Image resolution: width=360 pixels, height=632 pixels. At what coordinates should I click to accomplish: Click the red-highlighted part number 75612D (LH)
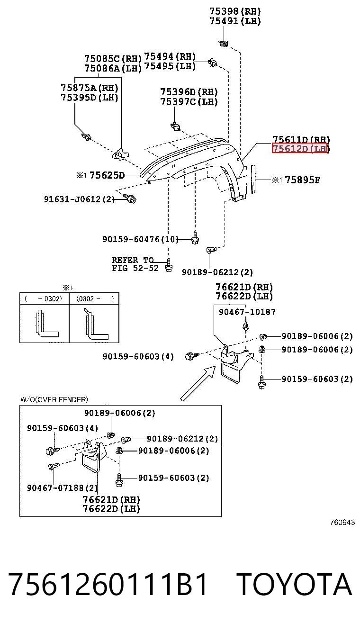tap(300, 148)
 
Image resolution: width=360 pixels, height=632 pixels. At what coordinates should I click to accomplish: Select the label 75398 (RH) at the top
tap(235, 11)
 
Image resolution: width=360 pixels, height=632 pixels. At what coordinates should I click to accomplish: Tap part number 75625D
tap(107, 175)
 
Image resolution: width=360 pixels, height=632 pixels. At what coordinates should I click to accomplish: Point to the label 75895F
tap(303, 180)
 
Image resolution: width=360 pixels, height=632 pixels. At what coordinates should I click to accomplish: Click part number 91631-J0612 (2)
tap(79, 199)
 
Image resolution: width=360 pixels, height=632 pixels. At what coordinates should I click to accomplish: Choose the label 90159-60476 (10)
tap(141, 239)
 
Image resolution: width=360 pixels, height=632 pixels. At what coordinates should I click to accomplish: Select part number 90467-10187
tap(247, 312)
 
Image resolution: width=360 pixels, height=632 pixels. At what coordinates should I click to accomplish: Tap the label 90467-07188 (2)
tap(63, 488)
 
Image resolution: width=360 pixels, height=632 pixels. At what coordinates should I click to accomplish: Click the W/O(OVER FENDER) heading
tap(54, 399)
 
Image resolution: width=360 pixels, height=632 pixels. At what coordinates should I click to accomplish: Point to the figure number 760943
tap(342, 522)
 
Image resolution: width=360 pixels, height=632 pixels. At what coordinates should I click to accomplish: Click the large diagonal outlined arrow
tap(198, 383)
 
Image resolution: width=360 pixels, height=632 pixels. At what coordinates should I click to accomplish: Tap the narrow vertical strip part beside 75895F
tap(253, 179)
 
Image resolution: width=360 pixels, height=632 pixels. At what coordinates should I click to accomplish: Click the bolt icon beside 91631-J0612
tap(130, 198)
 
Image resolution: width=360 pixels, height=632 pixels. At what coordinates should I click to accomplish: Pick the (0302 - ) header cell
tap(94, 298)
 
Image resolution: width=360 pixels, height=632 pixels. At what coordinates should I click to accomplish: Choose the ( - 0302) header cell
tap(45, 298)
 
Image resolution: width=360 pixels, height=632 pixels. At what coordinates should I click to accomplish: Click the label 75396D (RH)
tap(189, 92)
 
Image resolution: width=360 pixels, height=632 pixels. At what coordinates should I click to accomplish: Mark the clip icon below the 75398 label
tap(224, 43)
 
